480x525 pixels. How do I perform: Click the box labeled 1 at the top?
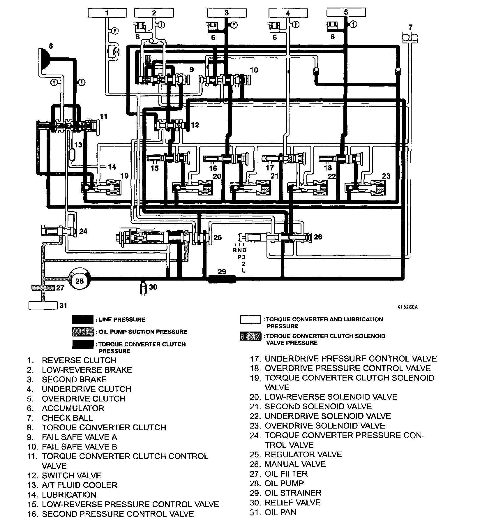click(x=107, y=13)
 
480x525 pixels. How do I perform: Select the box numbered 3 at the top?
click(x=227, y=13)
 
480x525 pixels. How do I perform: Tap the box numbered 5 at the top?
click(x=346, y=12)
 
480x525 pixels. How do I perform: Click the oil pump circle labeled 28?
click(x=80, y=281)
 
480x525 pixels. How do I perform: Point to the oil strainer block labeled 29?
click(x=222, y=279)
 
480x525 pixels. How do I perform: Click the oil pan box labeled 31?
click(x=43, y=305)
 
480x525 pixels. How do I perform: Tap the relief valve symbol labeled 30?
click(x=143, y=287)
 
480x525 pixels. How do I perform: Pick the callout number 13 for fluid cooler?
click(x=78, y=145)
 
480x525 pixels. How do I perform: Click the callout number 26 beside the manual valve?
click(x=318, y=237)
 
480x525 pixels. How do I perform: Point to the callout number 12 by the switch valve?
click(x=195, y=125)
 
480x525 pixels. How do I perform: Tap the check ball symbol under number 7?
click(x=410, y=37)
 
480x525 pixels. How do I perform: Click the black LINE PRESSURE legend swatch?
click(x=83, y=319)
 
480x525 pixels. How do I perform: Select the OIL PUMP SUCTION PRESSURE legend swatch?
click(x=83, y=332)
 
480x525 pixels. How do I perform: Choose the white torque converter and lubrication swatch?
click(x=250, y=319)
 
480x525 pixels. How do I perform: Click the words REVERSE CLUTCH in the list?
click(x=79, y=360)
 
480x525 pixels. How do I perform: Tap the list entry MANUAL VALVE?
click(x=295, y=464)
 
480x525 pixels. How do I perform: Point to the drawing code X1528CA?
click(x=407, y=307)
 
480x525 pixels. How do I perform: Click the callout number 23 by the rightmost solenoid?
click(x=386, y=176)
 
